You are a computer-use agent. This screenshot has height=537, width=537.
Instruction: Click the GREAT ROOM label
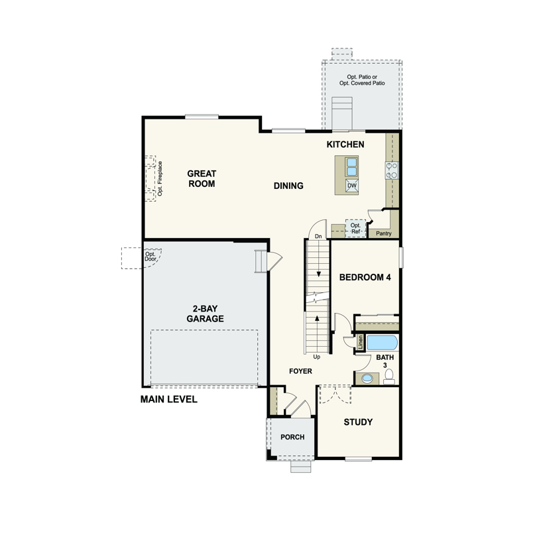click(202, 179)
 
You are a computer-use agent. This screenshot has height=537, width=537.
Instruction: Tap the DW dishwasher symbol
click(352, 186)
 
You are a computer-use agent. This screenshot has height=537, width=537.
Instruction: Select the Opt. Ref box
click(355, 228)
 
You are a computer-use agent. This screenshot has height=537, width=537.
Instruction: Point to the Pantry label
click(384, 233)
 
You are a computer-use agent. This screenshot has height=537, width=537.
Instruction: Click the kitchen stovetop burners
click(392, 170)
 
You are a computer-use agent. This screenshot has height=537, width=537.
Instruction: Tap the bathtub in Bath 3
click(383, 343)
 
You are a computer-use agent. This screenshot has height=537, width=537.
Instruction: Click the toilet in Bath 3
click(389, 377)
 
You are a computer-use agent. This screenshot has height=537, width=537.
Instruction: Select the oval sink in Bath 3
click(367, 379)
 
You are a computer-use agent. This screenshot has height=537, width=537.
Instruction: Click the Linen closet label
click(360, 343)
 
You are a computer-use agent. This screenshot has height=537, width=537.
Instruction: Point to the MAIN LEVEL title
click(169, 399)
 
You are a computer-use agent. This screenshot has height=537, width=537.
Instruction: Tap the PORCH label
click(292, 437)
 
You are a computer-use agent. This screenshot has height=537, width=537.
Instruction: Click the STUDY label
click(358, 422)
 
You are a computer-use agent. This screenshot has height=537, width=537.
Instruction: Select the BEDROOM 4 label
click(365, 277)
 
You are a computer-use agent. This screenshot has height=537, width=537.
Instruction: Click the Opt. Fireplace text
click(160, 179)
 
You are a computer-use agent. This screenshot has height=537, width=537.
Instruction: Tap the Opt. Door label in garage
click(150, 257)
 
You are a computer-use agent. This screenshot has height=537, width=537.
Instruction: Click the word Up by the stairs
click(317, 357)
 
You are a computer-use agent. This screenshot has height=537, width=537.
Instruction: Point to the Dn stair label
click(318, 236)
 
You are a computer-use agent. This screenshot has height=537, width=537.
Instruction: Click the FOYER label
click(301, 371)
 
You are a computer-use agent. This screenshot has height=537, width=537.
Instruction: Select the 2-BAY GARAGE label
click(205, 314)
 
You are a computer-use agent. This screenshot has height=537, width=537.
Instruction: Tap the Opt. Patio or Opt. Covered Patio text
click(362, 80)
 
